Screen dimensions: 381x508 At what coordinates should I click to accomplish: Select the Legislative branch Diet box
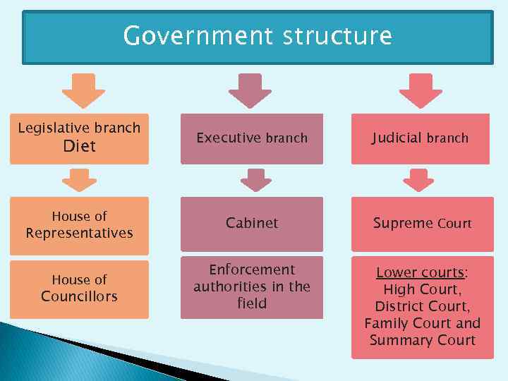79,138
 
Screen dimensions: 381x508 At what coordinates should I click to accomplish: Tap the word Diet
79,147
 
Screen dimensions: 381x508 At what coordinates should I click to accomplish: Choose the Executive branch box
252,138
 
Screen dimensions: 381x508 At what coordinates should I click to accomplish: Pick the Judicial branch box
421,138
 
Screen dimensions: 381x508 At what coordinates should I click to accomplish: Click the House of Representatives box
79,225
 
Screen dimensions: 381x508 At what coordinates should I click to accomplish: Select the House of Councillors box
79,289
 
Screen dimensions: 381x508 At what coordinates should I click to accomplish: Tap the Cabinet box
252,224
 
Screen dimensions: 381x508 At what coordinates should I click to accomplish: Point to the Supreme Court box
422,224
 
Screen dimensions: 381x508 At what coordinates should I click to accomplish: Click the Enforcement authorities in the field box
252,286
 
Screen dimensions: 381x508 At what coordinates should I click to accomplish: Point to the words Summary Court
422,341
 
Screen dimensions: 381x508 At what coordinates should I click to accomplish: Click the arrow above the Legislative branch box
83,90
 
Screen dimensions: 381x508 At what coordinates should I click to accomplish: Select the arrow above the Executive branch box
250,90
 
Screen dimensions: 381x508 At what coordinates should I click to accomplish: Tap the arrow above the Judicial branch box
421,90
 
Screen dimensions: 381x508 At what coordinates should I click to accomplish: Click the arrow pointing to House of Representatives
79,180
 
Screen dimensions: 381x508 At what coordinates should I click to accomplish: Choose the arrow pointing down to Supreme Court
419,180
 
